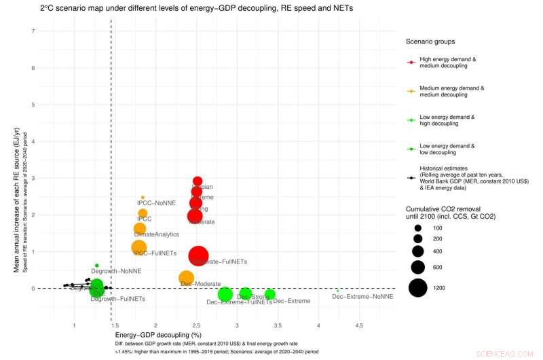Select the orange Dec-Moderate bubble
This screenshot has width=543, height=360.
pyautogui.click(x=187, y=278)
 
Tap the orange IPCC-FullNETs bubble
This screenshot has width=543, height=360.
pyautogui.click(x=138, y=248)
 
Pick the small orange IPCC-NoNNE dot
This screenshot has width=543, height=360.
pyautogui.click(x=143, y=198)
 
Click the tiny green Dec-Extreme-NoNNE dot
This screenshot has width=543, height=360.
pyautogui.click(x=337, y=291)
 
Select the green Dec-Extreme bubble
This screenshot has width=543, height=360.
pyautogui.click(x=269, y=294)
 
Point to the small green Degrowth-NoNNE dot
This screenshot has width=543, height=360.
pyautogui.click(x=97, y=266)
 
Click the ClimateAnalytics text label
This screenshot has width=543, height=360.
pyautogui.click(x=157, y=234)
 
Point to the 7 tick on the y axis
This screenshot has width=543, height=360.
pyautogui.click(x=34, y=31)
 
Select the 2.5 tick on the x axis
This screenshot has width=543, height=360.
pyautogui.click(x=196, y=326)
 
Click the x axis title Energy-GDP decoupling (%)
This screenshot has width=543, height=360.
pyautogui.click(x=158, y=336)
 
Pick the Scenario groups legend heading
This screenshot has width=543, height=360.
pyautogui.click(x=430, y=41)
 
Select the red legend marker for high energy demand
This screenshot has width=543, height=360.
pyautogui.click(x=411, y=62)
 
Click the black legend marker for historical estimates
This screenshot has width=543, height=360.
pyautogui.click(x=411, y=177)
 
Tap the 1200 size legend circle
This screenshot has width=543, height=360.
pyautogui.click(x=418, y=288)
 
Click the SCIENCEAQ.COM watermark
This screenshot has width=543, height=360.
pyautogui.click(x=516, y=353)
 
